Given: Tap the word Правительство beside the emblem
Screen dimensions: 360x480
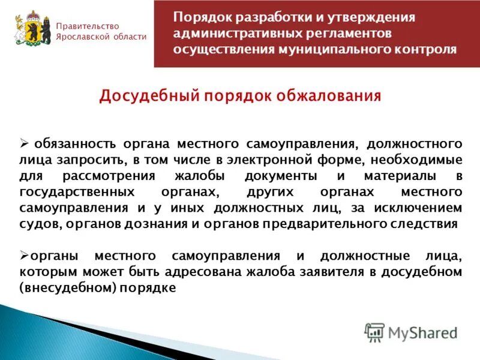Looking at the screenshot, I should pyautogui.click(x=88, y=26).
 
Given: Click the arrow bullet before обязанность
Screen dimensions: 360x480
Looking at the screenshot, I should pyautogui.click(x=25, y=144).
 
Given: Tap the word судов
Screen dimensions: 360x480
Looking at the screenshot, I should pyautogui.click(x=38, y=224).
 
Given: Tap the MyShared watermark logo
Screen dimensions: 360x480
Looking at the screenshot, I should pyautogui.click(x=411, y=332).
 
